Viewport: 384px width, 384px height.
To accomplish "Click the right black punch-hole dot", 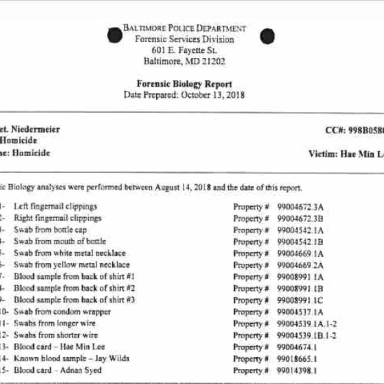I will tap(267, 36).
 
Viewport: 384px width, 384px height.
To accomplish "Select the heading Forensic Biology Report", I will tap(184, 84).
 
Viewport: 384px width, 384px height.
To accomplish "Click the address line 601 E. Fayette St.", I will tap(184, 50).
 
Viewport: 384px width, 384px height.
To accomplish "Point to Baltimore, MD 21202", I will tap(184, 62).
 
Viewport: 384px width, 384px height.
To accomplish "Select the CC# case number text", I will tap(354, 130).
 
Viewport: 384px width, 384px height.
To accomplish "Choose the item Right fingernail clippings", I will tap(57, 218).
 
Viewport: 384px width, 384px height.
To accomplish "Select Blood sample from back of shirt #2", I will tap(74, 288).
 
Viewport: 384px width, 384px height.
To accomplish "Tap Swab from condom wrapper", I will tap(62, 311).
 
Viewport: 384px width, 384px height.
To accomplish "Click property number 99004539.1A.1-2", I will tap(307, 324).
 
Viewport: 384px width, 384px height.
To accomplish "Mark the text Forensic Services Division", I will tap(185, 39).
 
